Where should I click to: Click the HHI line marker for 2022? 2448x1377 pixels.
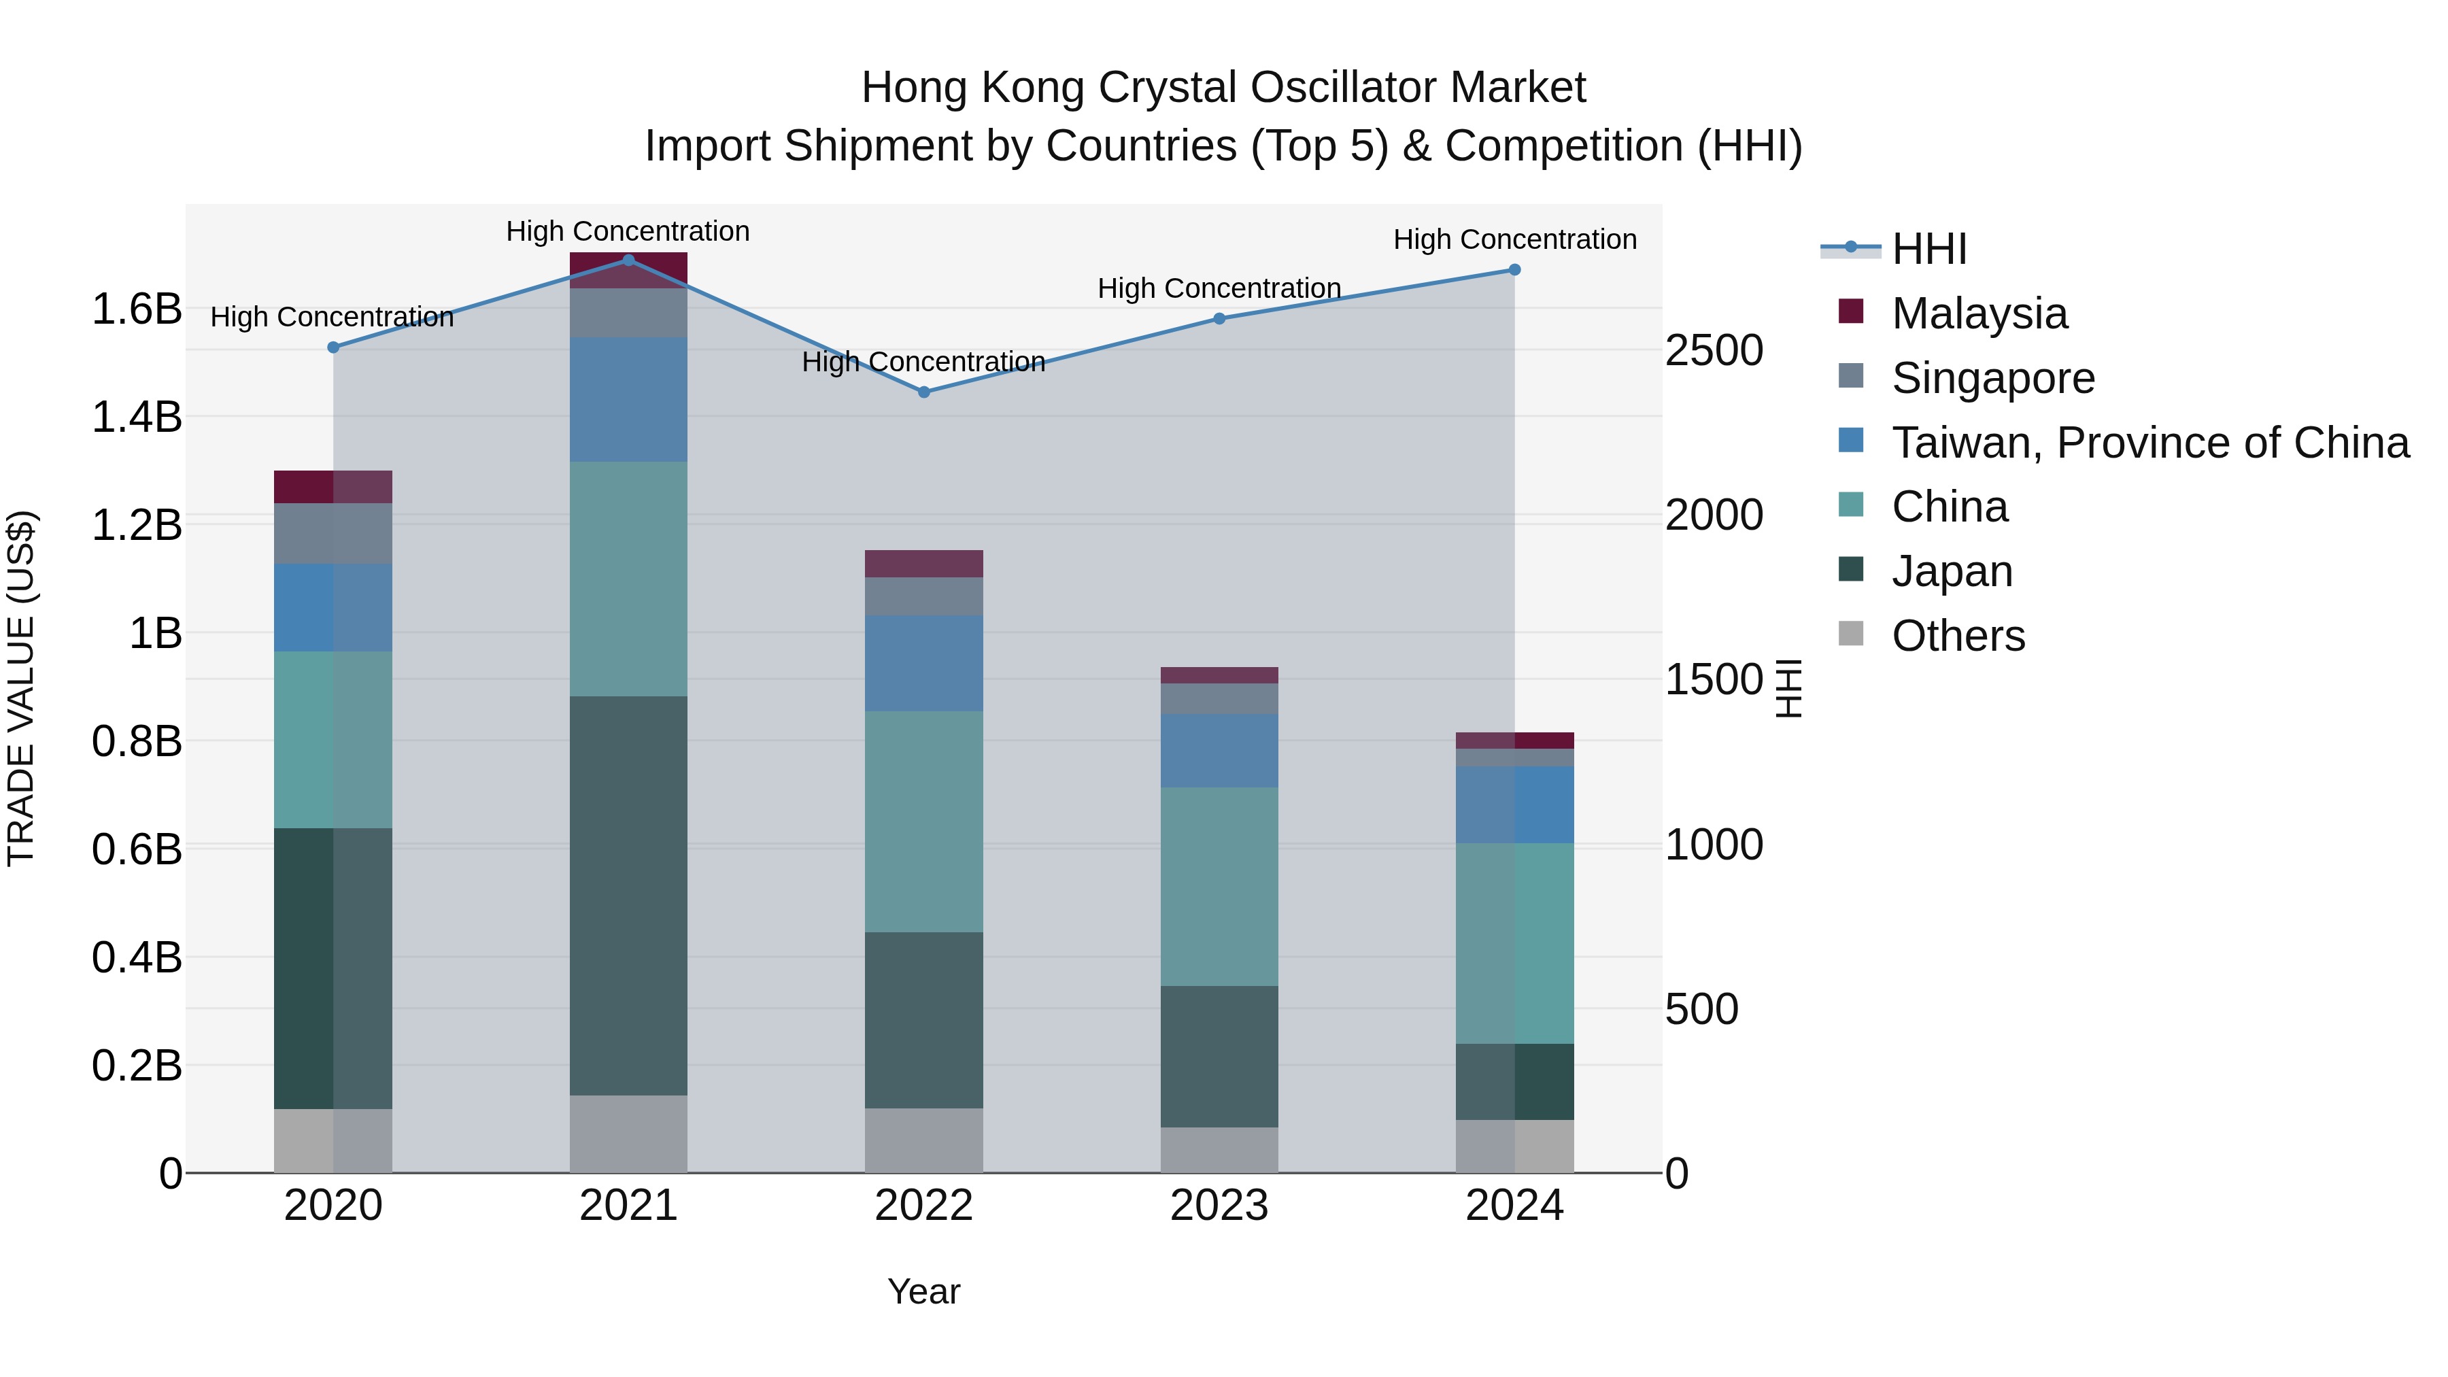click(x=923, y=392)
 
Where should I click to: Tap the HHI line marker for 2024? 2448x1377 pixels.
click(x=1515, y=270)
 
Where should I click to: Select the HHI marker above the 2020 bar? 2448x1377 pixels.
click(x=333, y=347)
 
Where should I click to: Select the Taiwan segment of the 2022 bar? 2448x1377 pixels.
click(x=923, y=662)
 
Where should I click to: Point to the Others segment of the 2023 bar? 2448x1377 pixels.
click(x=1219, y=1150)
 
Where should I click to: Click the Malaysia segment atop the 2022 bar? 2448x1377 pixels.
click(x=923, y=564)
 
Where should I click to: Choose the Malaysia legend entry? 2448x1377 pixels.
click(x=1979, y=313)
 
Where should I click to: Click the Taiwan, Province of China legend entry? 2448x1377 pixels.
click(x=2149, y=443)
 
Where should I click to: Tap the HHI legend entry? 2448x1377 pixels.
click(x=1929, y=249)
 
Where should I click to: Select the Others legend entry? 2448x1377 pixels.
click(x=1958, y=636)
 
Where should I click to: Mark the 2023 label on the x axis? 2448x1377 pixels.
click(x=1219, y=1206)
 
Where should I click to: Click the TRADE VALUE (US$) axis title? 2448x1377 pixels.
click(x=21, y=688)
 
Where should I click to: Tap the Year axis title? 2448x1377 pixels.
click(x=923, y=1291)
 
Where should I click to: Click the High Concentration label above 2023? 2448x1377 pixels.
click(x=1219, y=288)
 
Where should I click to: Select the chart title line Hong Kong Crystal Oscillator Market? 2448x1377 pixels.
click(x=1223, y=88)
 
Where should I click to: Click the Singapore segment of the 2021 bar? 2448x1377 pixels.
click(x=628, y=313)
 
